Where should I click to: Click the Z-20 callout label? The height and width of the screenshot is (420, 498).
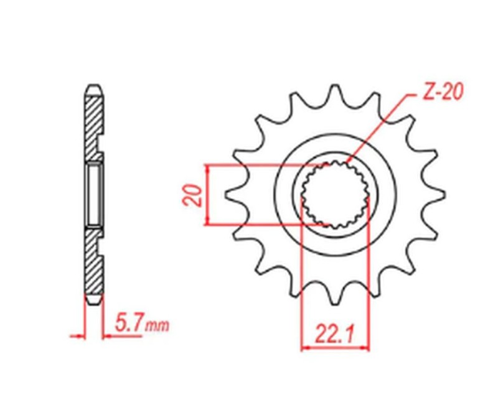tap(441, 93)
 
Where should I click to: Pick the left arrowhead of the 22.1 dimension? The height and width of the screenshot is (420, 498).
tap(305, 348)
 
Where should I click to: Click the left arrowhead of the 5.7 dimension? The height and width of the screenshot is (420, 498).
tap(80, 337)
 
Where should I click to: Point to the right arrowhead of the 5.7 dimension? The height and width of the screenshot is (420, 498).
tap(106, 337)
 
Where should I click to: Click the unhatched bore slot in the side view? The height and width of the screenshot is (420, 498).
tap(93, 194)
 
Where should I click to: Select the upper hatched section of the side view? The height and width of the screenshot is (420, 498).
tap(92, 124)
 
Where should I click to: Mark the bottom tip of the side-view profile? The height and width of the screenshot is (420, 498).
tap(93, 304)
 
